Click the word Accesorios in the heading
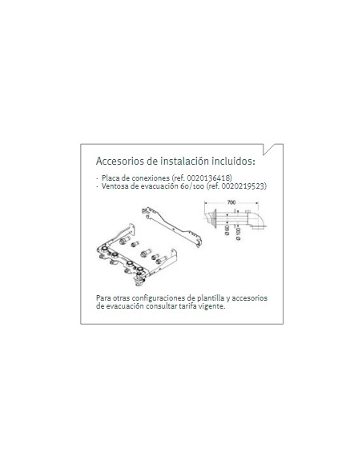pos(120,161)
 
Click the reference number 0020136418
pos(208,178)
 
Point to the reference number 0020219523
pos(243,186)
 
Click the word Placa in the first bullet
pos(111,178)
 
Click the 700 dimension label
pos(231,202)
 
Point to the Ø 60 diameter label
pos(227,230)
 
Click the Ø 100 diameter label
pos(238,234)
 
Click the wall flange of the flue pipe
pos(214,217)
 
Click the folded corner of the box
pos(272,149)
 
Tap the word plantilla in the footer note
pos(211,298)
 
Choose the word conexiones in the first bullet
pos(151,178)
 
